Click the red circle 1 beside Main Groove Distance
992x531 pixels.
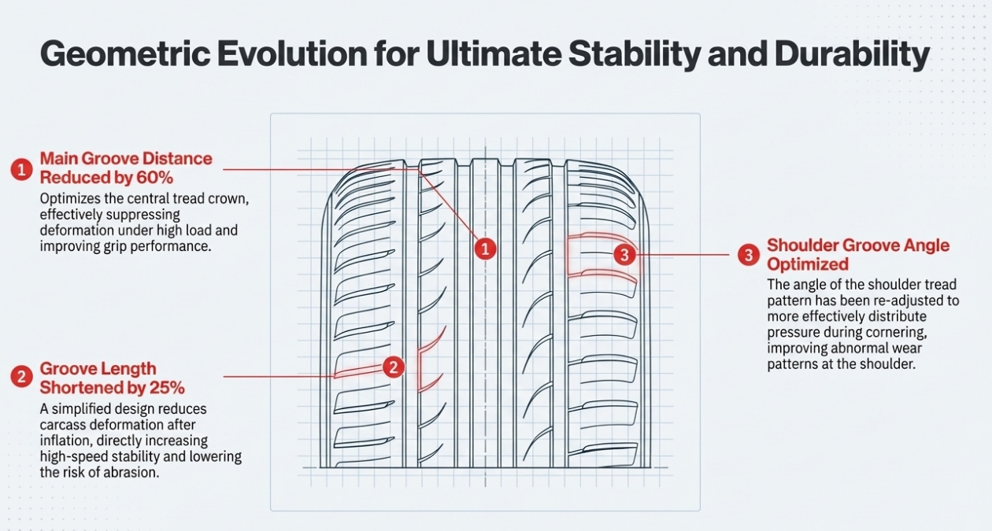(x=22, y=169)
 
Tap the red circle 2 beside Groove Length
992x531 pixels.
(x=22, y=377)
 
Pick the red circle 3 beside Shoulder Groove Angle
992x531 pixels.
(x=749, y=256)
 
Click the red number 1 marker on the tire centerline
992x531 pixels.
(x=485, y=249)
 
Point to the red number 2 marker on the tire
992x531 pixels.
(x=394, y=367)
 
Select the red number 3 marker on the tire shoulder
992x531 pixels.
(x=624, y=255)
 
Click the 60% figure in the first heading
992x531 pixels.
(x=154, y=178)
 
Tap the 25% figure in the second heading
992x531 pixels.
(x=167, y=388)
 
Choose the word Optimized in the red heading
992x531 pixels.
(x=808, y=264)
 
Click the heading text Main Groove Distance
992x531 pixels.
(x=126, y=158)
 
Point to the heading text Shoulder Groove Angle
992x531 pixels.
(x=858, y=245)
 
